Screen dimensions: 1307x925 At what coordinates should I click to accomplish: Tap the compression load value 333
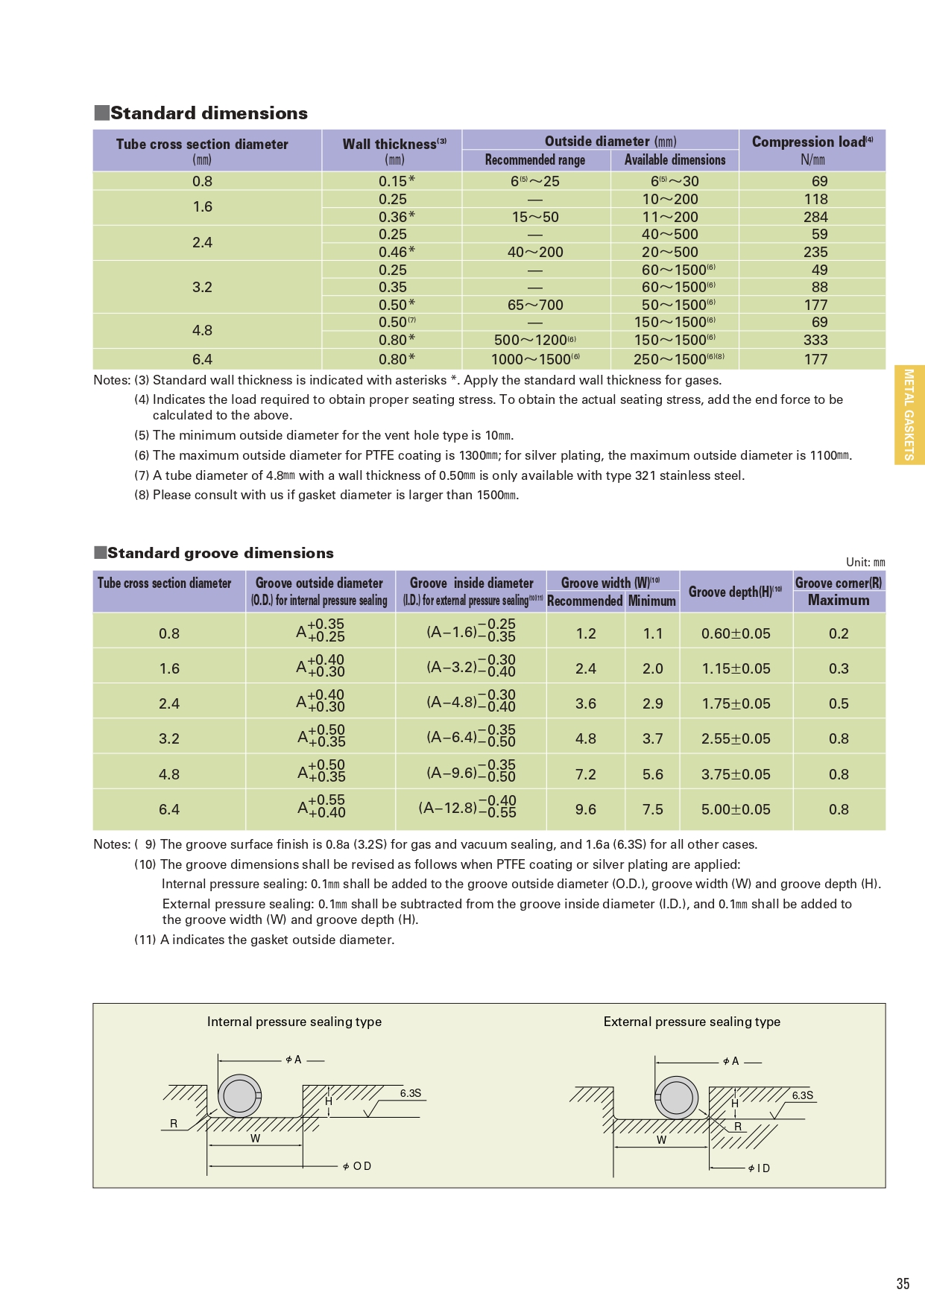[815, 340]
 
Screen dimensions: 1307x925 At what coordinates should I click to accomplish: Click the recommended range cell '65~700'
[535, 305]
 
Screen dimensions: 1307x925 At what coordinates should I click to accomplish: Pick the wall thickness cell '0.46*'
[397, 252]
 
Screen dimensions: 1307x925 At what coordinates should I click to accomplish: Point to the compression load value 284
[815, 217]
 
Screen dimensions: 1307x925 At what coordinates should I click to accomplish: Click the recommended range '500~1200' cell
[534, 340]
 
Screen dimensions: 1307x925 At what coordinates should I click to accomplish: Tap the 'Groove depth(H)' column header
[735, 592]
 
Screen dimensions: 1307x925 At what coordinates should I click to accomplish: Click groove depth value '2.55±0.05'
[736, 738]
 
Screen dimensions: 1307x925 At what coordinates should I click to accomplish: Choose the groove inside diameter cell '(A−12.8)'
[467, 808]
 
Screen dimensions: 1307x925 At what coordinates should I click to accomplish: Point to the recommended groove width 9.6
[586, 809]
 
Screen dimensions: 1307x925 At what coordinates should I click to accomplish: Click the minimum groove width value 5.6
[653, 774]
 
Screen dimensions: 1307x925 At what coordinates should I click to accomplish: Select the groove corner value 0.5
[839, 703]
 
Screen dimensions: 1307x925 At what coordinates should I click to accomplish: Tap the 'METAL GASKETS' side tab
[909, 414]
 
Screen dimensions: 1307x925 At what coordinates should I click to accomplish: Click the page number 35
[903, 1283]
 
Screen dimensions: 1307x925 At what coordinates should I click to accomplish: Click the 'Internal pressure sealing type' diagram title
[294, 1022]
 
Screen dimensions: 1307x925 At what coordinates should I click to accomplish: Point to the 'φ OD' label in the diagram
[357, 1166]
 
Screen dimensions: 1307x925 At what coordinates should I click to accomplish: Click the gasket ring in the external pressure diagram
[676, 1098]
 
